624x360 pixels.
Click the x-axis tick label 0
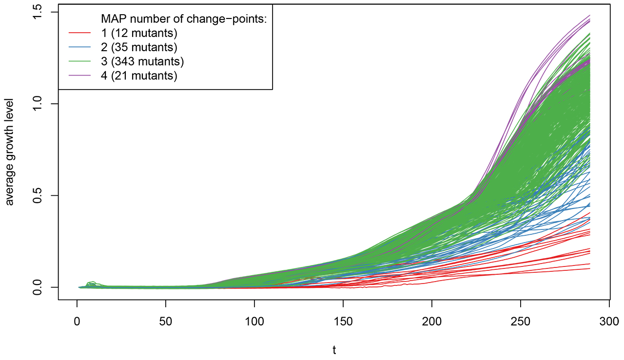point(77,322)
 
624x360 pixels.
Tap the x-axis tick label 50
point(166,322)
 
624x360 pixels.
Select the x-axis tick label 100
point(254,322)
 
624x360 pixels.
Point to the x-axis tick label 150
point(343,322)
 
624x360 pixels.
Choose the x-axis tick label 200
point(432,322)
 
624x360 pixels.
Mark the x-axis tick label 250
point(521,322)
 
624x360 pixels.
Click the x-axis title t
point(334,350)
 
